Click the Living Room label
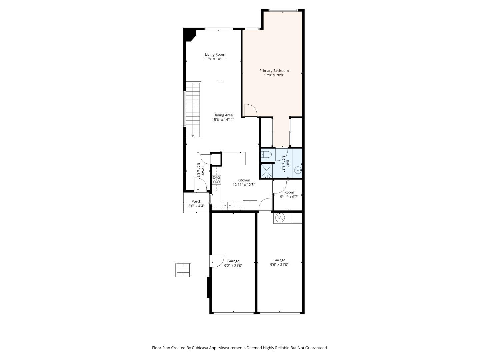[x=215, y=54]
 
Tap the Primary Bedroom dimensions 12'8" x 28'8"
[x=274, y=75]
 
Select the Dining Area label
[x=223, y=115]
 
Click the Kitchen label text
[x=244, y=180]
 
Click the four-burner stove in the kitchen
[x=216, y=180]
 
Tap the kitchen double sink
[x=227, y=206]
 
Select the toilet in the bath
[x=266, y=154]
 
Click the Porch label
[x=196, y=201]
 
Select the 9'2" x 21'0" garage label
[x=233, y=263]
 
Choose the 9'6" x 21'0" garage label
[x=279, y=262]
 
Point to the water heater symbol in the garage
[x=279, y=218]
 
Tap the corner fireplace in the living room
[x=189, y=34]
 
